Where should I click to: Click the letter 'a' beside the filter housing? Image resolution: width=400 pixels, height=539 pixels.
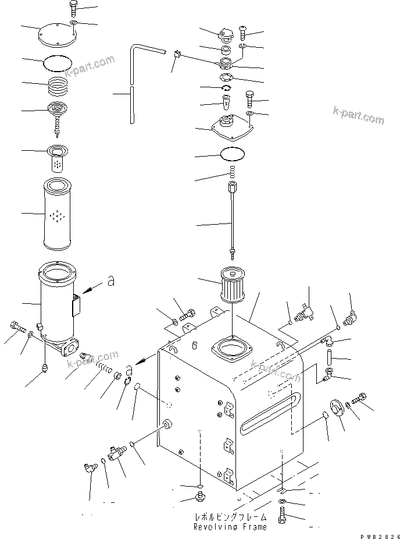[110, 282]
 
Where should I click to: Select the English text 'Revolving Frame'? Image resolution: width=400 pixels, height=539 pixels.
[230, 527]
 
